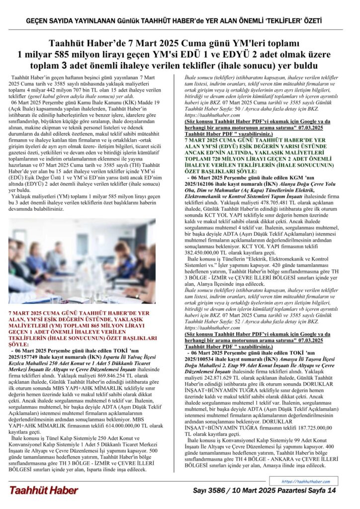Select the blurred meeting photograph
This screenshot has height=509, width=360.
coord(82,261)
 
